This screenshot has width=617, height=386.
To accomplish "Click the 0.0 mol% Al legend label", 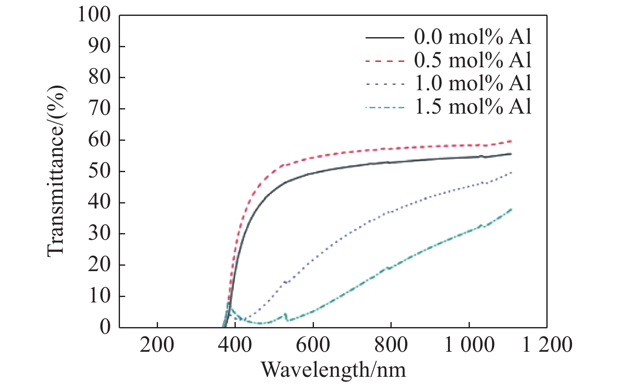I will pos(473,37).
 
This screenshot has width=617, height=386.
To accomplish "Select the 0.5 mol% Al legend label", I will pos(473,61).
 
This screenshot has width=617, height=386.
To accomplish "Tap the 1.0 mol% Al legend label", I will pos(473,84).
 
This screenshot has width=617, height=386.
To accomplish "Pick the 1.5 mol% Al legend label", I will pos(473,107).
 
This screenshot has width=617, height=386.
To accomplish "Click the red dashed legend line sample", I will pos(385,61).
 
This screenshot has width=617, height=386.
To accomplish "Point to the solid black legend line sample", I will pos(385,38).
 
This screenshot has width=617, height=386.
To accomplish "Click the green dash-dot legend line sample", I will pos(385,107).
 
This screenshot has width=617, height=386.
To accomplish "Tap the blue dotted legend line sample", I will pos(385,84).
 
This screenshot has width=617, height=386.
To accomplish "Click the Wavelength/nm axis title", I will pos(333,370).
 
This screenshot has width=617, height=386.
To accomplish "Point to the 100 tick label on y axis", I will pos(94,15).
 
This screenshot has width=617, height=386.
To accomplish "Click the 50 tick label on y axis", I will pos(99,171).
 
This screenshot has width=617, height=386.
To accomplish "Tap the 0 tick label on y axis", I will pos(105,327).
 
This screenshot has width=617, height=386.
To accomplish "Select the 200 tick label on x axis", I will pos(157,345).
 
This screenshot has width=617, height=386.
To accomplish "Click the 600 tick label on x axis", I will pos(313,345).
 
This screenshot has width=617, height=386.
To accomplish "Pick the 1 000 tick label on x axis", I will pos(469,345).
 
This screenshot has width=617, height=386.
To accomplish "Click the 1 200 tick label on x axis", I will pos(547,345).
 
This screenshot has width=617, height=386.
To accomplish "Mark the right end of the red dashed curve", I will pos(511,141).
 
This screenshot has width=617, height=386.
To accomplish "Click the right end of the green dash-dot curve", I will pos(511,209).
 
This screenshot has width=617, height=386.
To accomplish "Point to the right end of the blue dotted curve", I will pos(511,172).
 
